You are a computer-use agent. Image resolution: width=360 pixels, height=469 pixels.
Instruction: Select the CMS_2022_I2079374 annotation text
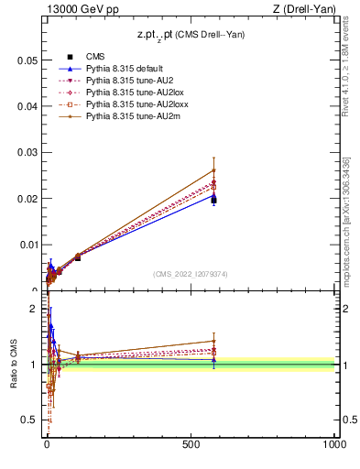tap(190, 273)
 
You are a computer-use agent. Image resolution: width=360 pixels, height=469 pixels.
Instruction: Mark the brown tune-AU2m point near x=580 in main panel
tap(213, 169)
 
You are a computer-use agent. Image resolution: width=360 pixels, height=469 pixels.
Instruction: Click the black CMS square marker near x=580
tap(213, 199)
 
